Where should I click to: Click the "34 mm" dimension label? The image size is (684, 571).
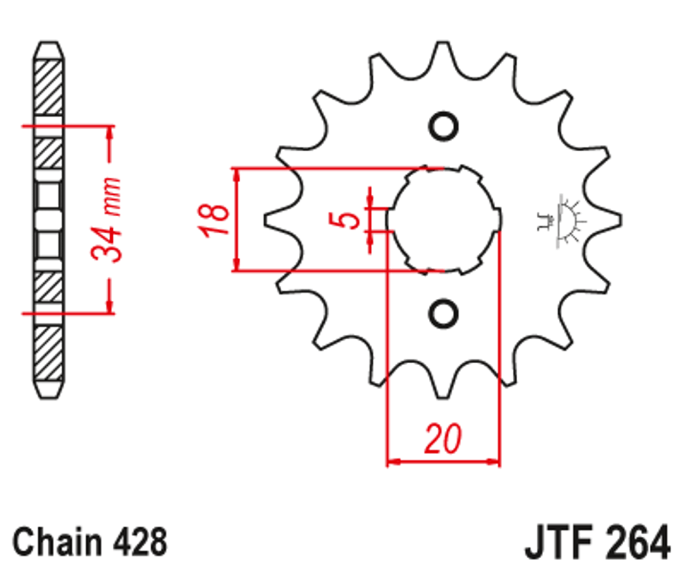pyautogui.click(x=108, y=220)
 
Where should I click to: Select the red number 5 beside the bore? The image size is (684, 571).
pyautogui.click(x=349, y=220)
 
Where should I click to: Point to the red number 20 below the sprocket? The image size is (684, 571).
pyautogui.click(x=442, y=440)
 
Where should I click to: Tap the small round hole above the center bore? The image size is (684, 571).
pyautogui.click(x=443, y=127)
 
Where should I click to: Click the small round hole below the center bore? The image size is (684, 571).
pyautogui.click(x=443, y=313)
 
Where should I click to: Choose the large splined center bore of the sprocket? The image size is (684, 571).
pyautogui.click(x=443, y=220)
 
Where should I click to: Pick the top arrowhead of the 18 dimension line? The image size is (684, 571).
pyautogui.click(x=237, y=175)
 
